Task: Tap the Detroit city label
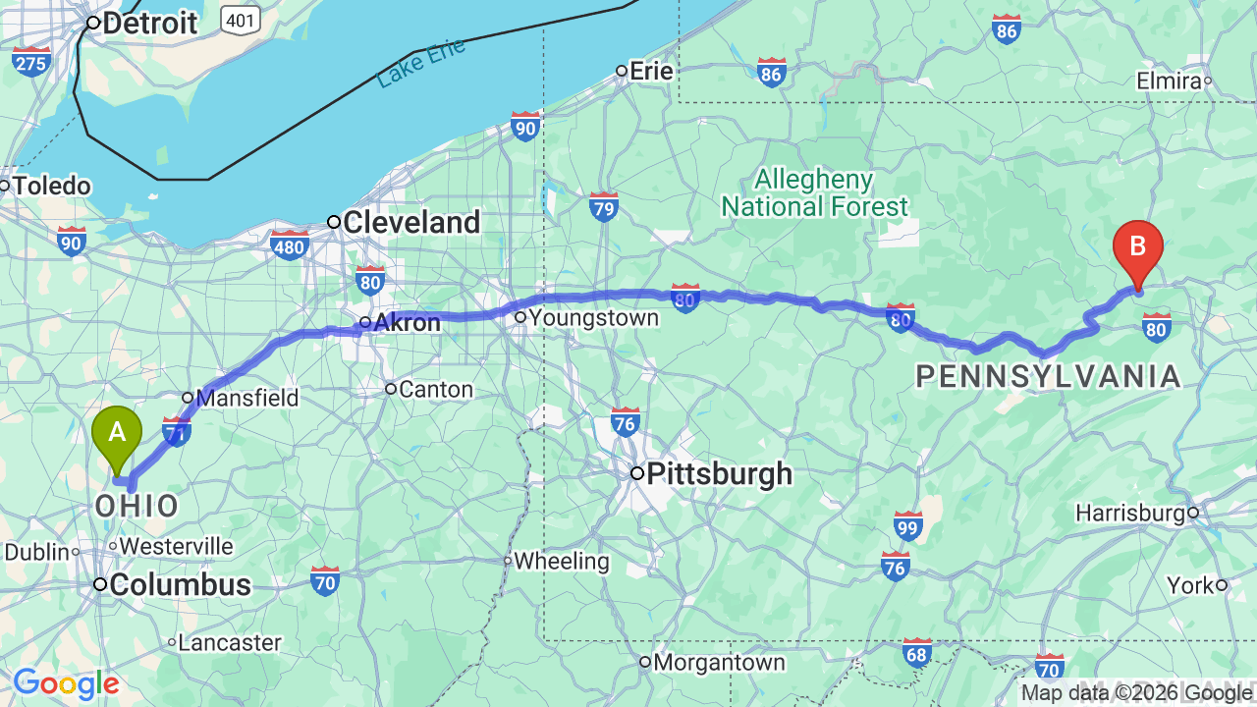(149, 24)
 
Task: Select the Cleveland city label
(410, 223)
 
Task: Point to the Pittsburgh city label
(719, 474)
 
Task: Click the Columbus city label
(180, 585)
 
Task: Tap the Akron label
(408, 322)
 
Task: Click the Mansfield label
(247, 399)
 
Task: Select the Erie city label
(651, 71)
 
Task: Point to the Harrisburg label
(1130, 513)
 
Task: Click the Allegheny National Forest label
(815, 193)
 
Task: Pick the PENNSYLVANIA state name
(1048, 376)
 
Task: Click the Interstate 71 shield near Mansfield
(177, 430)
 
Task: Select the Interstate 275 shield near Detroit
(31, 61)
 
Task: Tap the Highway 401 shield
(241, 18)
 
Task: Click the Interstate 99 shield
(908, 525)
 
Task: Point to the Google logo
(66, 683)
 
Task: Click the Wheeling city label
(562, 562)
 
